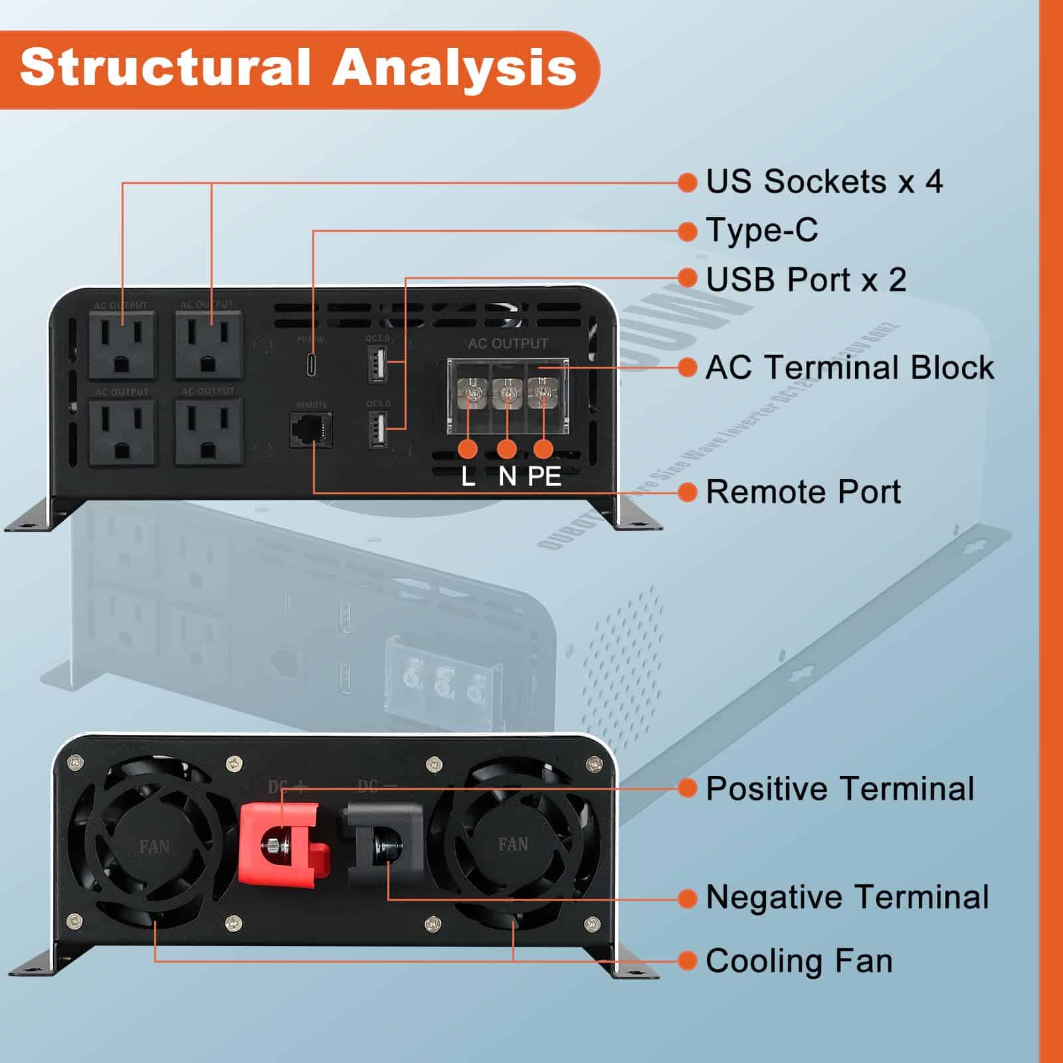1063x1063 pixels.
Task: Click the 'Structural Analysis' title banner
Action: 299,68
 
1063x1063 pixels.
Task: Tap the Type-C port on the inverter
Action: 312,365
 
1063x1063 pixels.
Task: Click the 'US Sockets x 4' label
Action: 824,182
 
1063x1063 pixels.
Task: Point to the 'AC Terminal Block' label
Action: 849,367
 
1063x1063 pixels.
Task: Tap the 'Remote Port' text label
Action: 803,492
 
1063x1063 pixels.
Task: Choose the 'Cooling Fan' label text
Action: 799,961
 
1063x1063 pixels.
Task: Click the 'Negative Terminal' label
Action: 847,897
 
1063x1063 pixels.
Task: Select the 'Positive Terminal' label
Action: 840,789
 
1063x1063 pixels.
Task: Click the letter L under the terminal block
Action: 468,476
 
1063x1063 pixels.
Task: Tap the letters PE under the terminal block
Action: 544,476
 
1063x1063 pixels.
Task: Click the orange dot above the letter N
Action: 507,449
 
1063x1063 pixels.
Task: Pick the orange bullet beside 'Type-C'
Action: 687,231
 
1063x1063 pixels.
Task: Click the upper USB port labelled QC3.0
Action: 377,363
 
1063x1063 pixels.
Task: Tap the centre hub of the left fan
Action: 154,846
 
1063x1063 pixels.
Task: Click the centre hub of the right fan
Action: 513,844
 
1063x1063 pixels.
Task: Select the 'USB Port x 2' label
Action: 806,280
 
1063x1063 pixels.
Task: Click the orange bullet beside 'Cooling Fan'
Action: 687,961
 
